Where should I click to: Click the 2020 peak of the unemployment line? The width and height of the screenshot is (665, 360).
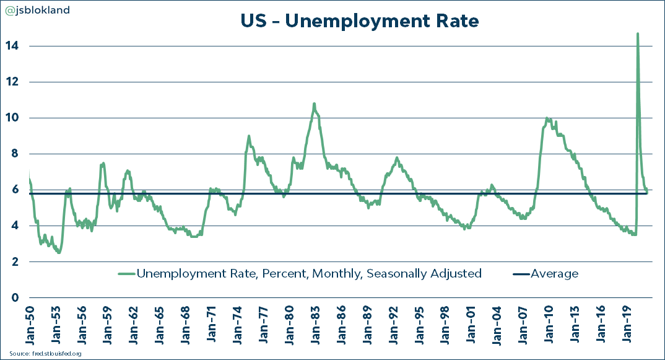click(638, 34)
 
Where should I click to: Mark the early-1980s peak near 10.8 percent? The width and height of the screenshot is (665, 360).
click(314, 103)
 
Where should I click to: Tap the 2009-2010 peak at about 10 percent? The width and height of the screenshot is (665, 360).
click(547, 118)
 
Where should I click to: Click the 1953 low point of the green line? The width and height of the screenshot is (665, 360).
click(59, 252)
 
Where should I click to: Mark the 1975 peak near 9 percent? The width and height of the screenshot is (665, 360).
click(249, 136)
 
